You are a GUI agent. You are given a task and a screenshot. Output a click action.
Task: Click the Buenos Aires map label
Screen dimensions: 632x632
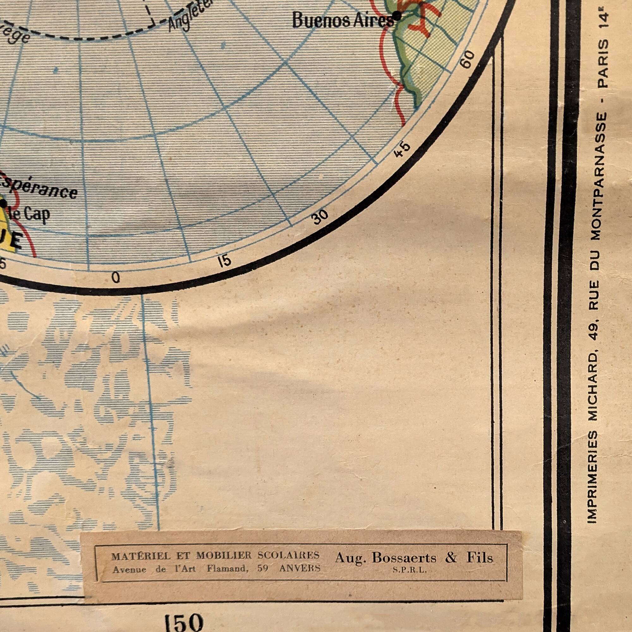(x=343, y=21)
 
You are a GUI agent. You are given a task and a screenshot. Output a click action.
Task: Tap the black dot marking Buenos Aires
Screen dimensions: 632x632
(x=397, y=15)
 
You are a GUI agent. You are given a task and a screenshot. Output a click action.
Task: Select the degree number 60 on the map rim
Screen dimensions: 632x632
(x=468, y=59)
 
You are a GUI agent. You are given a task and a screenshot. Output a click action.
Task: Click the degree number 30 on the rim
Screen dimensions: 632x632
(x=320, y=216)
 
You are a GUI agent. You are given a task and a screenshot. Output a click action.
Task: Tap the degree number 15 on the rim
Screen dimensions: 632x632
(x=225, y=261)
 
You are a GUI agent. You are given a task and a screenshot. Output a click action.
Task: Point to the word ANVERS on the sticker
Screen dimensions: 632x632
(x=300, y=568)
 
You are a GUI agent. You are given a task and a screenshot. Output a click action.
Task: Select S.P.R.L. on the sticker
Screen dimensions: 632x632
(x=410, y=570)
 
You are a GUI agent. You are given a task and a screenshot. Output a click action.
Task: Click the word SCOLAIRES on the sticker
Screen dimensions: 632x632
(x=288, y=555)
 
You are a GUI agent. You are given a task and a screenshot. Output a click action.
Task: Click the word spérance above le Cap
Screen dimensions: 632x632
(x=39, y=188)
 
